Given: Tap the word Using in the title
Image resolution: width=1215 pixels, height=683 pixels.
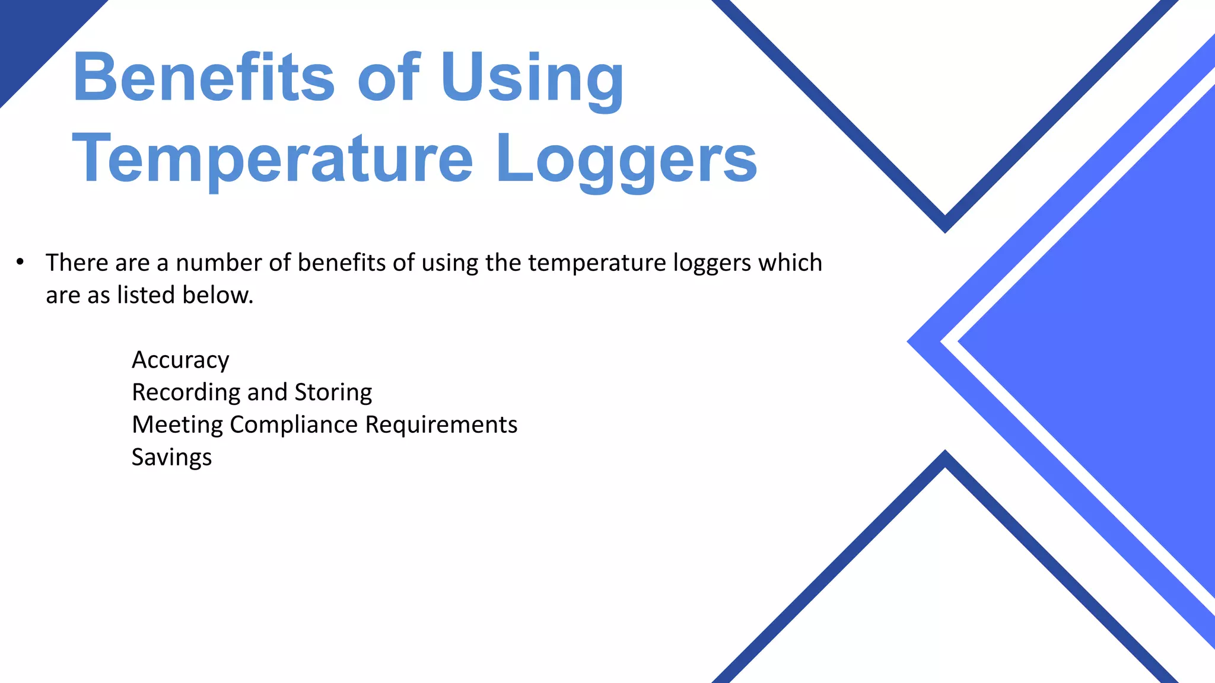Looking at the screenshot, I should tap(532, 79).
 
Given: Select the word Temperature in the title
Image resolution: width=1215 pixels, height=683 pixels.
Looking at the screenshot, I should tap(272, 159).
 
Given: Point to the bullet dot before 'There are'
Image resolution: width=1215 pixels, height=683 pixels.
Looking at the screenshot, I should tap(20, 261).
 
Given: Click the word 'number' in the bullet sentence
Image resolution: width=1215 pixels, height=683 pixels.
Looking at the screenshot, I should tap(218, 262).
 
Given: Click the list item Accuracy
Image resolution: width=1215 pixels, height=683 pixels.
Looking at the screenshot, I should tap(180, 360).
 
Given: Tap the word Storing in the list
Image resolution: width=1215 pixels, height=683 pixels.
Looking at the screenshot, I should tap(333, 392).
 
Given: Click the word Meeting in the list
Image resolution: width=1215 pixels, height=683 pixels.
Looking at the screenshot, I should tap(177, 425).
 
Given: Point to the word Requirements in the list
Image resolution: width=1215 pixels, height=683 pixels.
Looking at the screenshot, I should tap(441, 425).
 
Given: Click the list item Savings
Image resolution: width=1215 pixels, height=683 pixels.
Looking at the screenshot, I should tap(171, 457).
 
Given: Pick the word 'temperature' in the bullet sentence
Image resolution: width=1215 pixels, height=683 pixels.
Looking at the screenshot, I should tap(597, 263).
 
